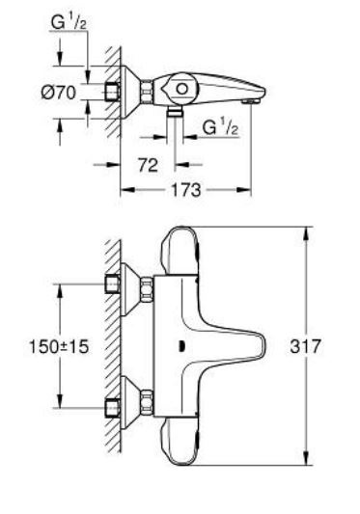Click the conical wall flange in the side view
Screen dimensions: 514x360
click(127, 91)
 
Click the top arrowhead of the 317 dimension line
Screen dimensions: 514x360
click(308, 231)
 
